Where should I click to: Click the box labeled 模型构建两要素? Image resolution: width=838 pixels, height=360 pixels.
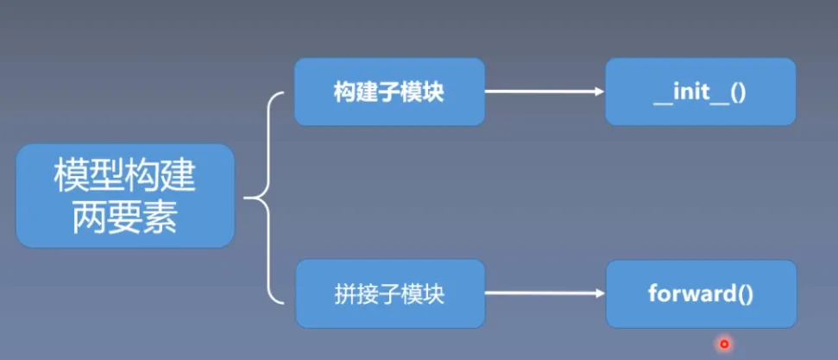click(x=125, y=196)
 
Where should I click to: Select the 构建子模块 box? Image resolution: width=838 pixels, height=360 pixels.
click(x=388, y=92)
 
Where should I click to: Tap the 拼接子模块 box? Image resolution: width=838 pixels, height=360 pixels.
click(x=388, y=294)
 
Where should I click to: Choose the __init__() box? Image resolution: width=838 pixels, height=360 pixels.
click(x=700, y=92)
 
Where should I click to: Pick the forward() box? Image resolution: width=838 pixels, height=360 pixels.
click(x=700, y=294)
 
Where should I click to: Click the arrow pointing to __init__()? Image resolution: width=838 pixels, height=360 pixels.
click(x=544, y=92)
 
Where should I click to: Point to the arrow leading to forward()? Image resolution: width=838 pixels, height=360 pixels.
click(x=544, y=294)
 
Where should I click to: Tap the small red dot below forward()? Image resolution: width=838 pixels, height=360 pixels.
click(x=724, y=344)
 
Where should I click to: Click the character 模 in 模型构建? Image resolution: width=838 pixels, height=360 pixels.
click(x=70, y=178)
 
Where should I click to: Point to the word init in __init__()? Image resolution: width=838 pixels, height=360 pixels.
click(x=690, y=92)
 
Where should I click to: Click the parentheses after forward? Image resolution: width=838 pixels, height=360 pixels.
click(x=745, y=294)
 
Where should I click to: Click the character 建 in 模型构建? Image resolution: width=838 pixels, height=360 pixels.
click(x=180, y=178)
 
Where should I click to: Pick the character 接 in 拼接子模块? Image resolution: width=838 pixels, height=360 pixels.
click(x=365, y=294)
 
